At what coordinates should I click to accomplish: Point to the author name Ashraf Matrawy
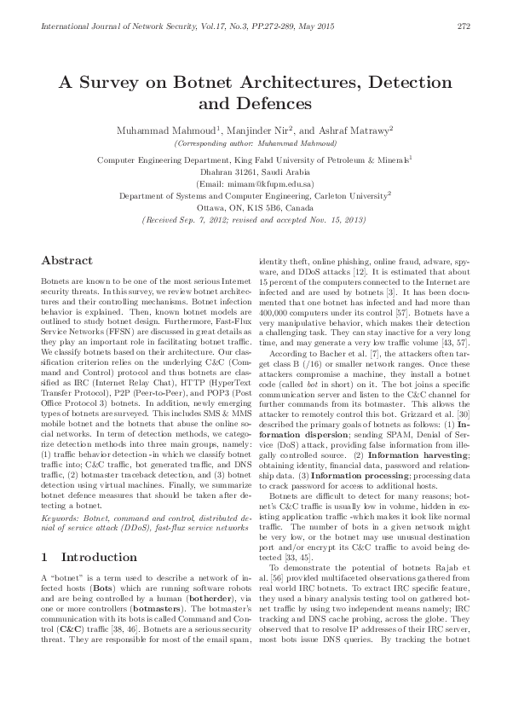pyautogui.click(x=356, y=130)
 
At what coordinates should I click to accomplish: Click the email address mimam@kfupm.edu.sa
pyautogui.click(x=256, y=183)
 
